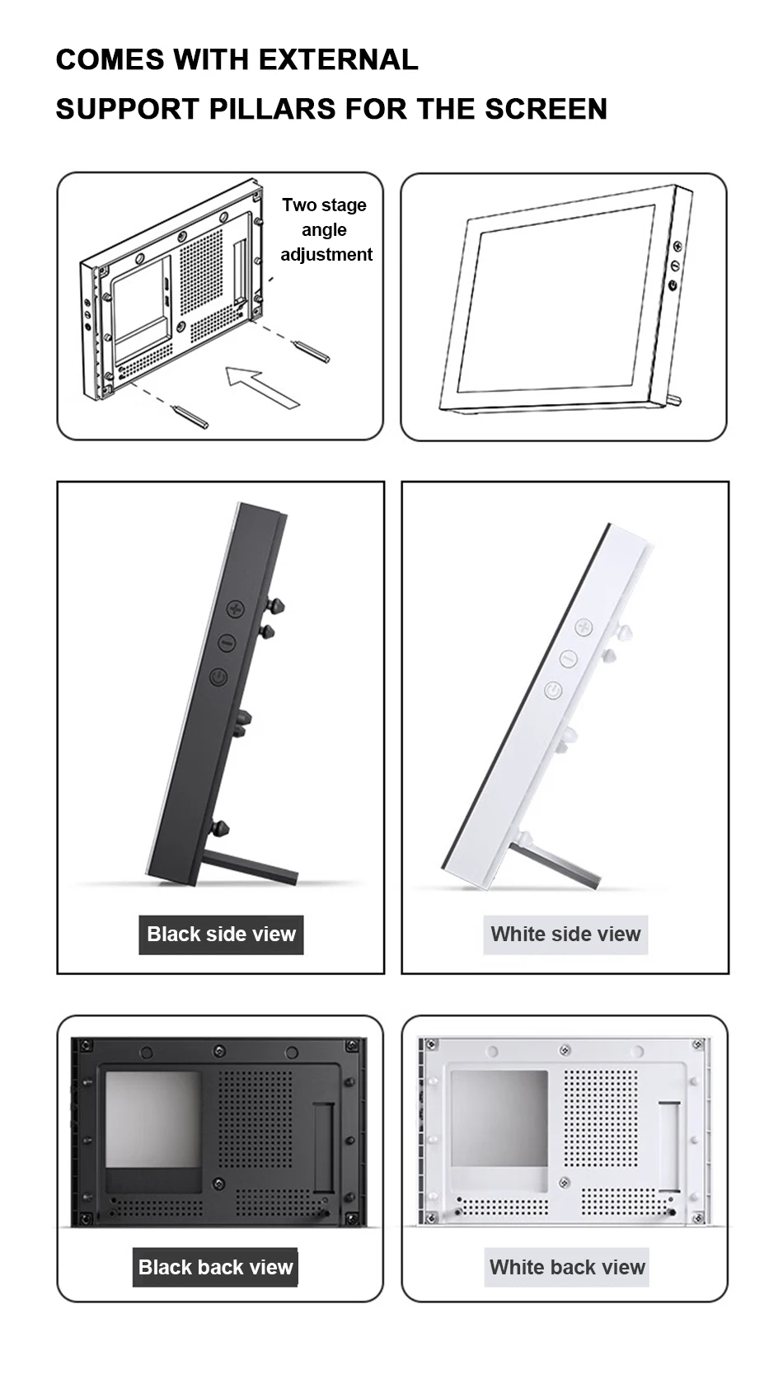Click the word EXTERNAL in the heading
[x=338, y=59]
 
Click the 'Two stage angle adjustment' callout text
[x=326, y=229]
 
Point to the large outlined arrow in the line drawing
[x=262, y=386]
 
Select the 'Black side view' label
[x=222, y=934]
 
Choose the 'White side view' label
[x=565, y=934]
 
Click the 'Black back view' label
[x=215, y=1266]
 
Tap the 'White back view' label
[x=566, y=1266]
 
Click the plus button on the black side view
[x=236, y=609]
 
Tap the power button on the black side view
[x=218, y=677]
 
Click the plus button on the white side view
[x=583, y=628]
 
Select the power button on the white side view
[x=552, y=690]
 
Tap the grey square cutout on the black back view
[x=153, y=1119]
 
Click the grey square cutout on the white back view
[x=499, y=1118]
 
